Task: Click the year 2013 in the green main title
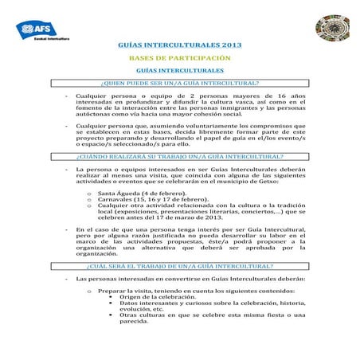pyautogui.click(x=226, y=46)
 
